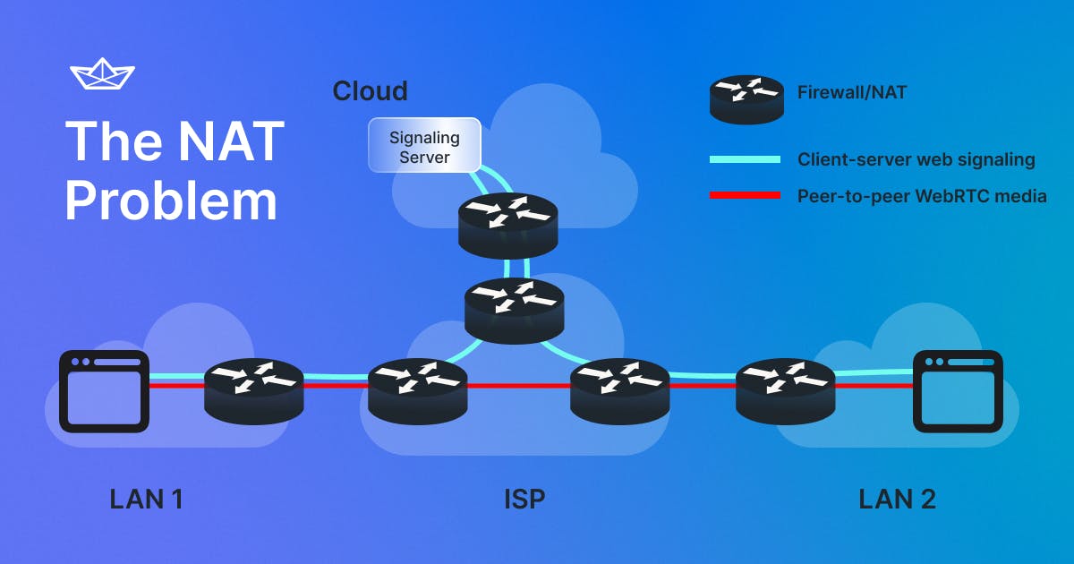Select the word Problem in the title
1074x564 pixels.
pyautogui.click(x=171, y=201)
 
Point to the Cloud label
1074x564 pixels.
pyautogui.click(x=370, y=91)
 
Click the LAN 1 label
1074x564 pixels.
pyautogui.click(x=147, y=499)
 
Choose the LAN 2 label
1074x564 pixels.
pyautogui.click(x=897, y=499)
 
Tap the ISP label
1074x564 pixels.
pyautogui.click(x=524, y=499)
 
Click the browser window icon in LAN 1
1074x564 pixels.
pyautogui.click(x=104, y=391)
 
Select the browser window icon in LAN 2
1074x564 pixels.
pyautogui.click(x=958, y=391)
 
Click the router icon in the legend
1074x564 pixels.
pyautogui.click(x=746, y=98)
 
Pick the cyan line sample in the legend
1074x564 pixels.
pyautogui.click(x=745, y=159)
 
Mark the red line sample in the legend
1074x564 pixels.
pyautogui.click(x=745, y=195)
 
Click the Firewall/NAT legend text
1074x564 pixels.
pyautogui.click(x=851, y=91)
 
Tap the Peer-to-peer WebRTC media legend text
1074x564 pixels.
pyautogui.click(x=922, y=196)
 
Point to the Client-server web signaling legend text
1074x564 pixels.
pyautogui.click(x=916, y=160)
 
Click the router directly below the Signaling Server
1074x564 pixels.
pyautogui.click(x=507, y=225)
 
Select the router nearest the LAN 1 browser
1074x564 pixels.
pyautogui.click(x=254, y=390)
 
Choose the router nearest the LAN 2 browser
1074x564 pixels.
pyautogui.click(x=785, y=390)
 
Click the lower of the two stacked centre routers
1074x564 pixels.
pyautogui.click(x=514, y=309)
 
